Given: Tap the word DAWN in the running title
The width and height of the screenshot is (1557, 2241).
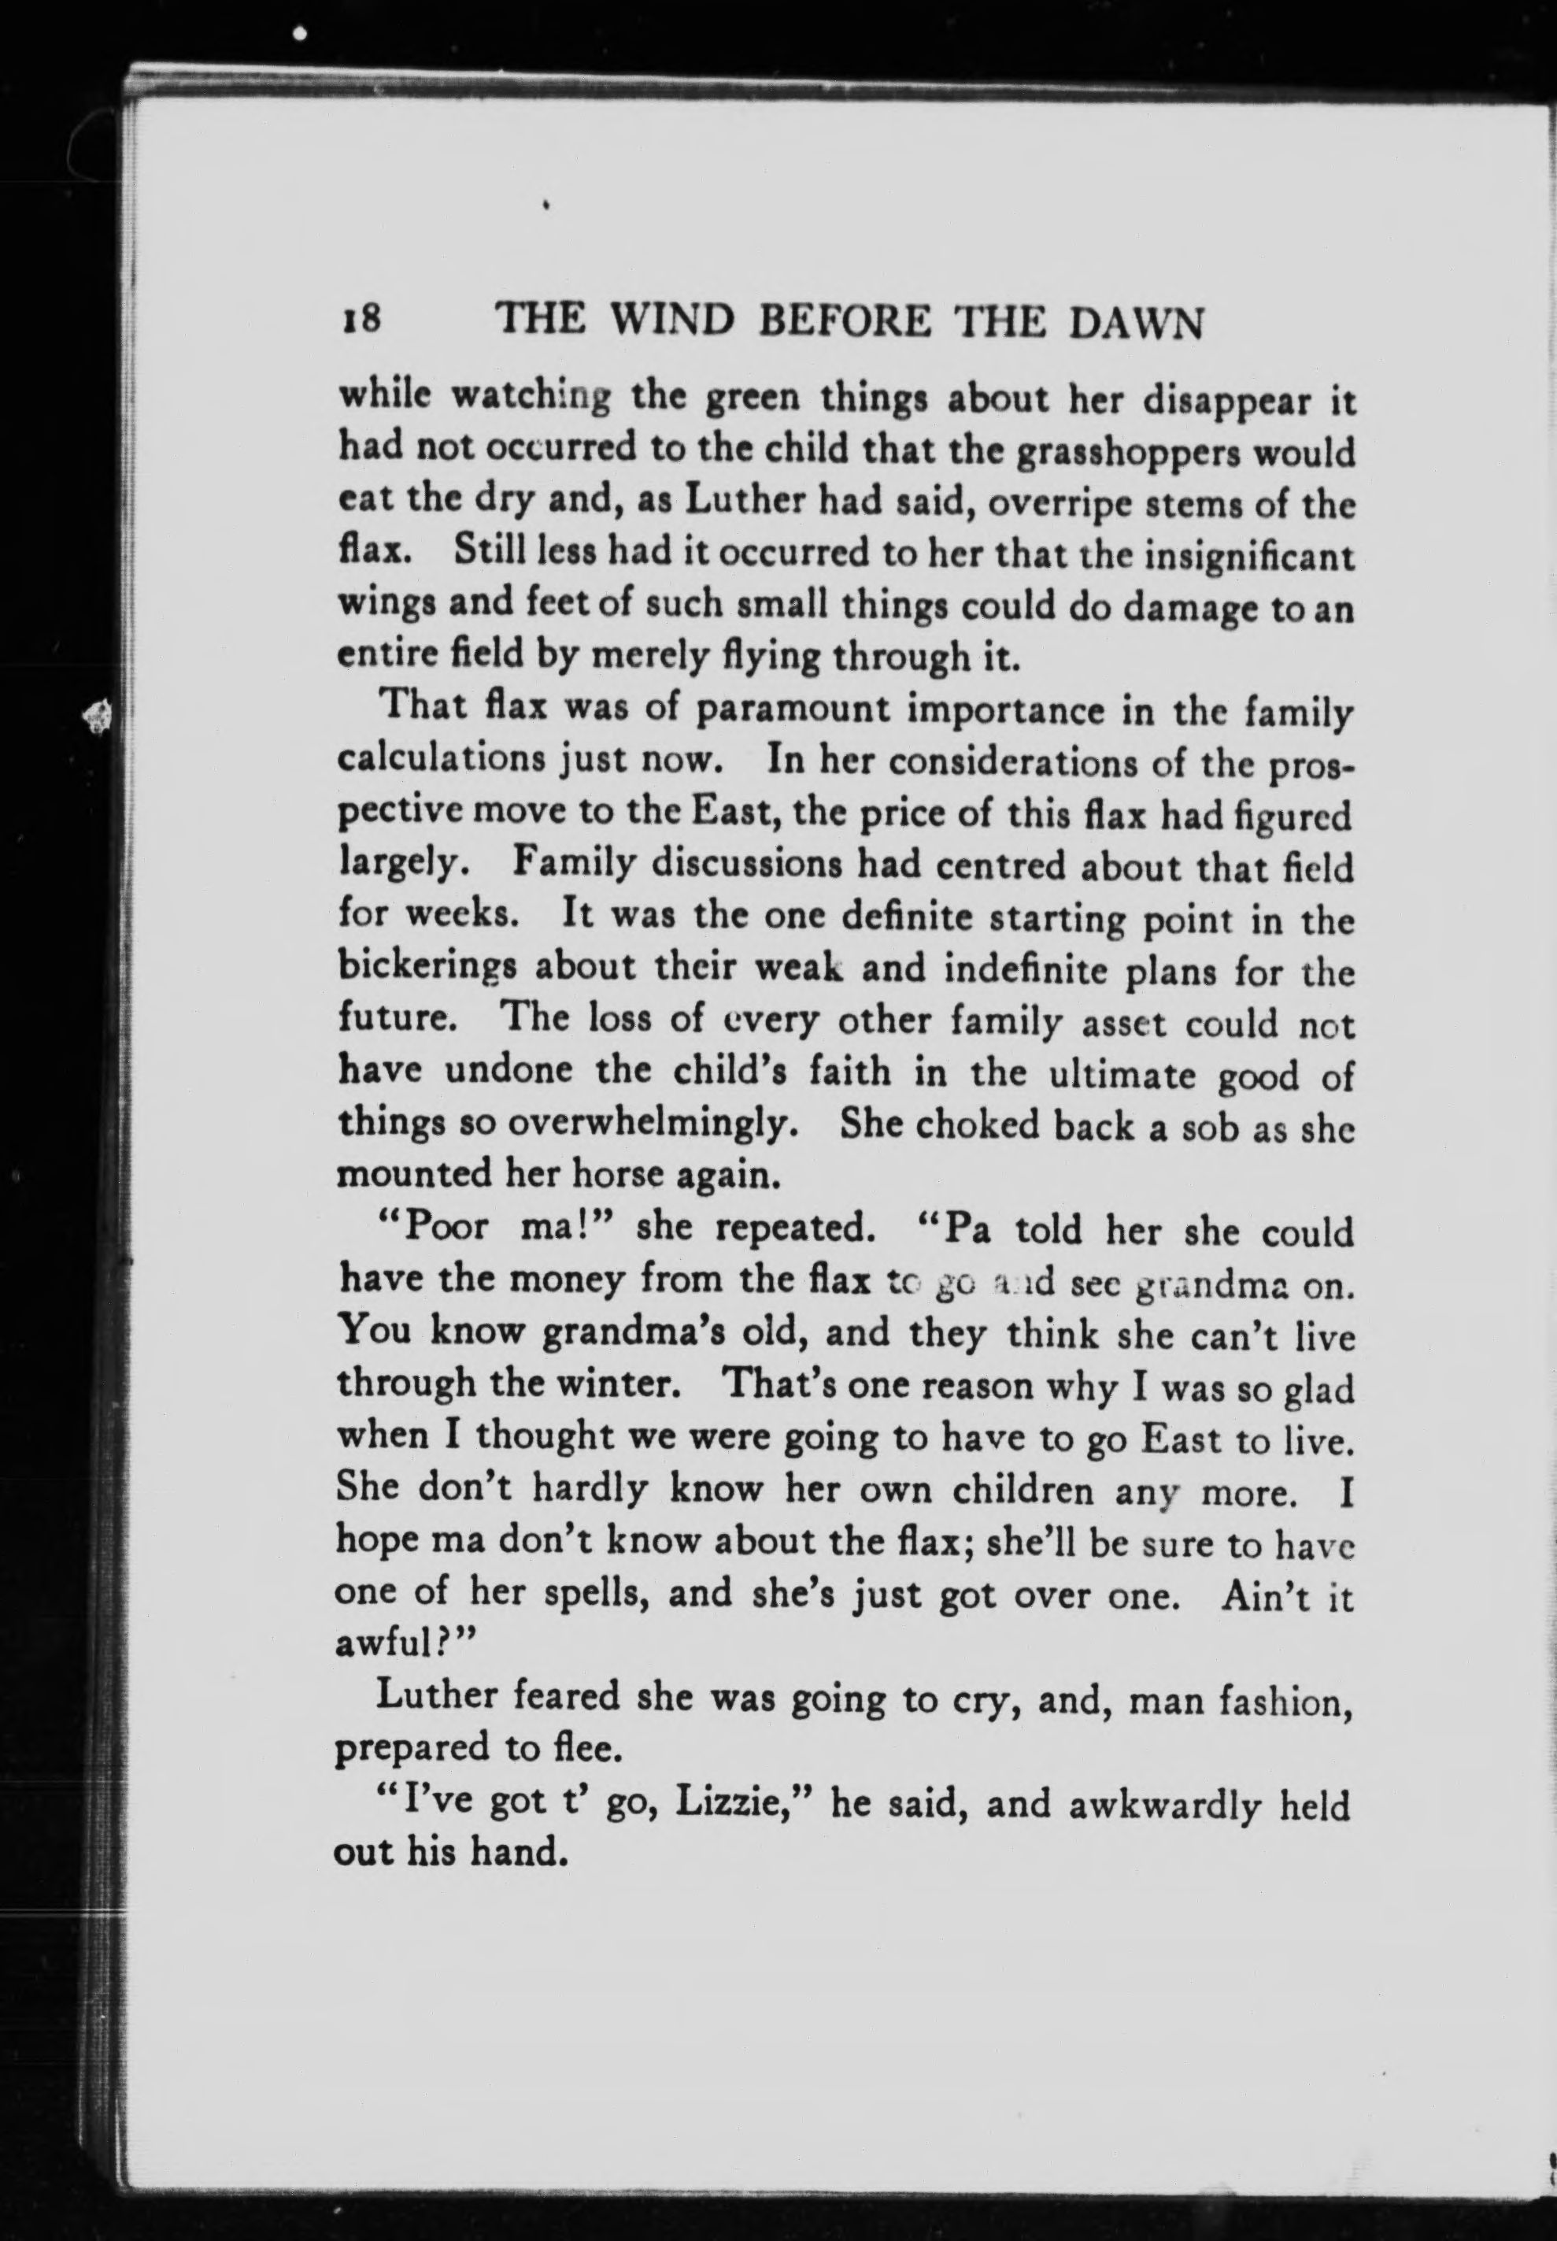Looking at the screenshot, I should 1136,324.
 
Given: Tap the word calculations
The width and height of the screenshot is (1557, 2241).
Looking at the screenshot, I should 441,760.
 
